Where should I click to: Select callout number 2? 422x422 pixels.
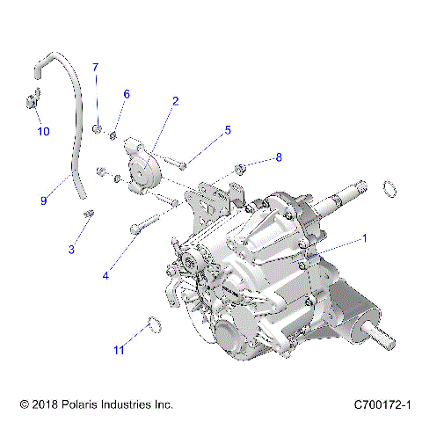tap(175, 101)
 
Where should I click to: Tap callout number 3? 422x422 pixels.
tap(71, 250)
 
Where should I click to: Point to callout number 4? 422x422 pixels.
tap(105, 275)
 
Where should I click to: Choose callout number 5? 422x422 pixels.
tap(227, 130)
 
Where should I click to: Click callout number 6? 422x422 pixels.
tap(127, 94)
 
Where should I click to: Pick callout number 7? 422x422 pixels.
tap(97, 68)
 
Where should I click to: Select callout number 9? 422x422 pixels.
tap(43, 200)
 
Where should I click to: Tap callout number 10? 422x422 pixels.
tap(43, 132)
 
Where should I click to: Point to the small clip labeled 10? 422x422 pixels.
tap(30, 102)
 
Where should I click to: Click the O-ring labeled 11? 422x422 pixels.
tap(150, 325)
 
